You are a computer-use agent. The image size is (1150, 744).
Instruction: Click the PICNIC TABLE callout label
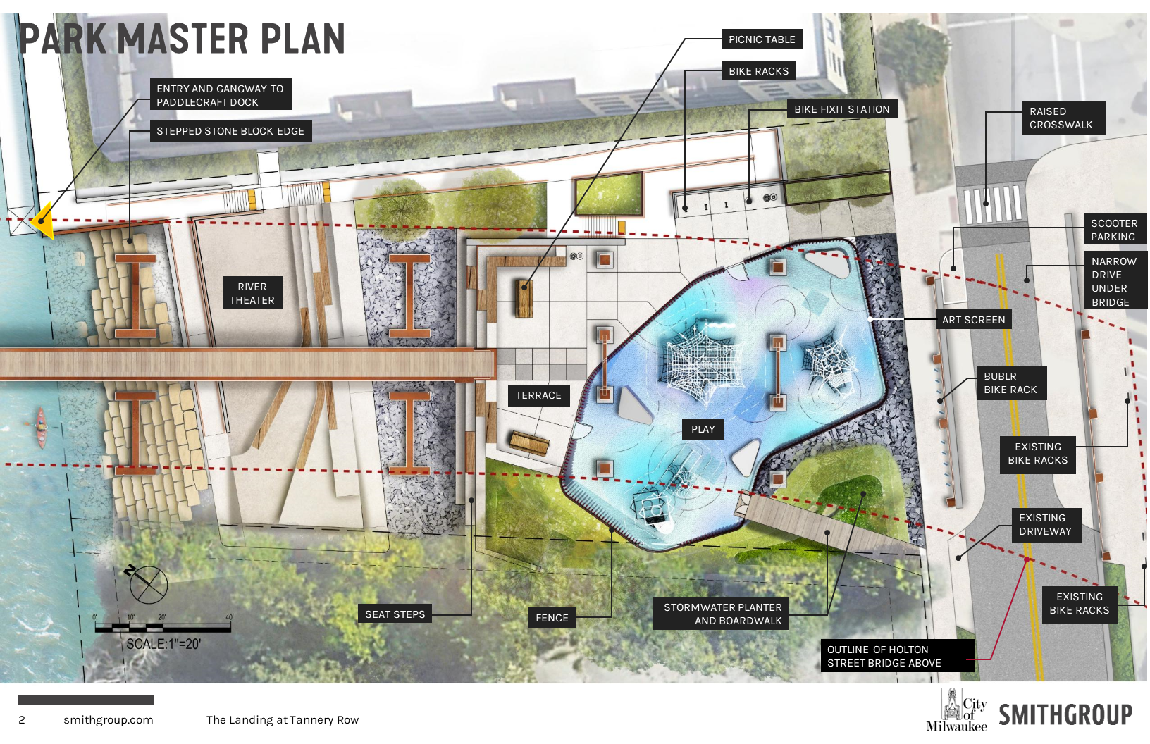tap(762, 39)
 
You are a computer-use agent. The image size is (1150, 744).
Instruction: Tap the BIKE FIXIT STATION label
tap(841, 109)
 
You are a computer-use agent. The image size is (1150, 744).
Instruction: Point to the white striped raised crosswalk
tap(993, 203)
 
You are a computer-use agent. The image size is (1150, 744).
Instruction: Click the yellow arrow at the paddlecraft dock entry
tap(42, 221)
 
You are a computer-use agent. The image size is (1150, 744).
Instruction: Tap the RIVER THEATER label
tap(252, 293)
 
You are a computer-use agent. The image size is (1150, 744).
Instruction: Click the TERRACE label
tap(538, 395)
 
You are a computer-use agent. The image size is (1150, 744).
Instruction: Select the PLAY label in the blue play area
tap(703, 429)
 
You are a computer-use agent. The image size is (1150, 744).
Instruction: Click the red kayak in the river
tap(41, 427)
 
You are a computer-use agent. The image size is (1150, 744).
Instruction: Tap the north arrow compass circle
tap(148, 584)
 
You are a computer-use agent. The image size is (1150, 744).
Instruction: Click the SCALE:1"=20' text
tap(163, 644)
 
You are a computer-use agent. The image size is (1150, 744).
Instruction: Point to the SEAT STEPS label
tap(395, 614)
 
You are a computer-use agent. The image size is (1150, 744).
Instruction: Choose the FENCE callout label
tap(552, 618)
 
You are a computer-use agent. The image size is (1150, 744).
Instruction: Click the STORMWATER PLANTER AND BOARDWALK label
tap(722, 614)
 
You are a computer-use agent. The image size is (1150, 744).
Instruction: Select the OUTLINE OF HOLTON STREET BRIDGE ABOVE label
tap(884, 656)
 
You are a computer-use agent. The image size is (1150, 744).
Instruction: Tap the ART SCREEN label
tap(973, 320)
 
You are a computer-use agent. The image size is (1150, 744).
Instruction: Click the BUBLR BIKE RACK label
tap(1010, 383)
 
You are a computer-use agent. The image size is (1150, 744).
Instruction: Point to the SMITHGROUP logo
tap(1065, 714)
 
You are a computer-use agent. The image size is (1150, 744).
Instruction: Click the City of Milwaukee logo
tap(958, 712)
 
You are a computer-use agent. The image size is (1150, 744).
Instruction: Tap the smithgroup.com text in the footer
tap(108, 720)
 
